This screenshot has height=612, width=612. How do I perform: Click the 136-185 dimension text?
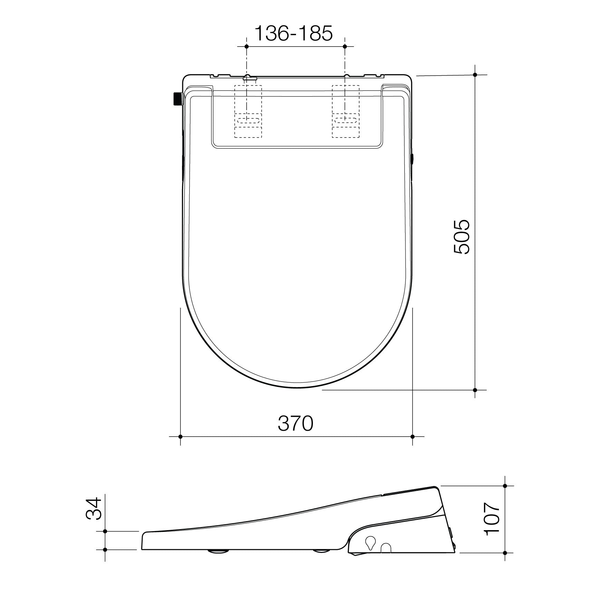coord(294,34)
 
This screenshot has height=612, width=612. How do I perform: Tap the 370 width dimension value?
coord(296,423)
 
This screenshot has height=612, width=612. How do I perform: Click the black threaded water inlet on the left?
coord(177,99)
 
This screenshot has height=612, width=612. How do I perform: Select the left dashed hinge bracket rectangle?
coord(248,111)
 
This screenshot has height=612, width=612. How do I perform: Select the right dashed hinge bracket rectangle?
coord(345,111)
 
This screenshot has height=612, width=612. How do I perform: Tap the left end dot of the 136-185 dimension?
coord(246,46)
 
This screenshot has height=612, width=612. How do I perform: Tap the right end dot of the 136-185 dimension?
coord(345,46)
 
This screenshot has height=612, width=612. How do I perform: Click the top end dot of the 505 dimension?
coord(475,75)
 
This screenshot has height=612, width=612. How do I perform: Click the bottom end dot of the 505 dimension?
coord(475,390)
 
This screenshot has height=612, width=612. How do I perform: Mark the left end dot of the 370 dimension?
coord(180,437)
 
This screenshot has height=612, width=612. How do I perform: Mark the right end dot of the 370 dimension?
coord(412,437)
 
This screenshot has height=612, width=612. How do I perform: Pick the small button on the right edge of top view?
coord(412,159)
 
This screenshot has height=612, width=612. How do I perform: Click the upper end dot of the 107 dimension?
coord(505,486)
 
